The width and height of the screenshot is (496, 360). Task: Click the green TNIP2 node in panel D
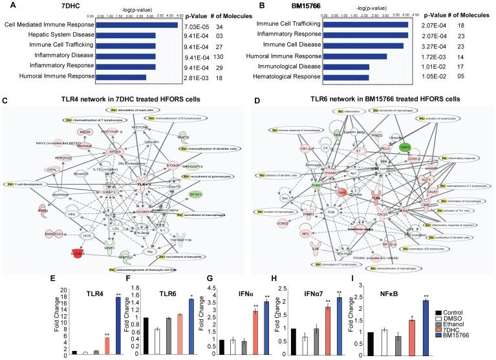point(423,129)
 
